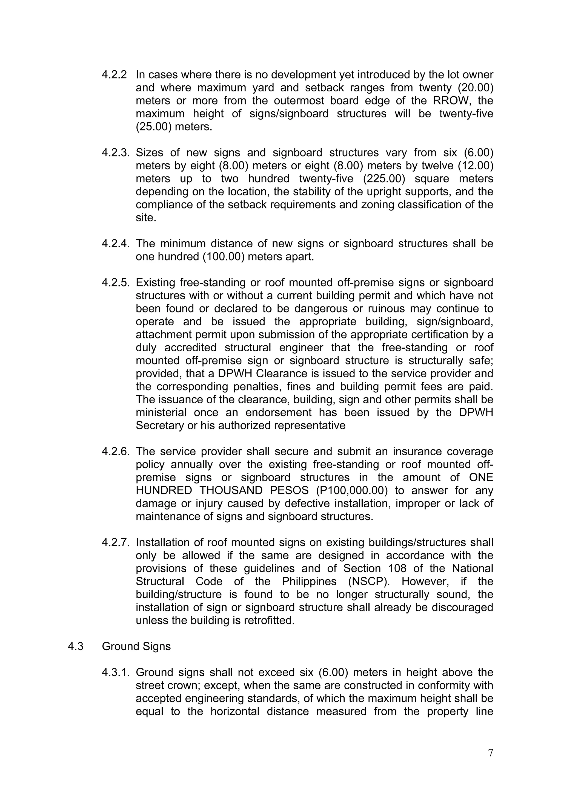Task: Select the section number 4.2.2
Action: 114,75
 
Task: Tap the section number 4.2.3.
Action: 115,153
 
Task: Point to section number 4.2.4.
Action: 115,244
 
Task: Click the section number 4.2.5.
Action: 115,283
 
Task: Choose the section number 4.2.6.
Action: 115,452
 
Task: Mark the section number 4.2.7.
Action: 115,543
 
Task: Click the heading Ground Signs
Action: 136,647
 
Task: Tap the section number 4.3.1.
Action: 115,672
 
